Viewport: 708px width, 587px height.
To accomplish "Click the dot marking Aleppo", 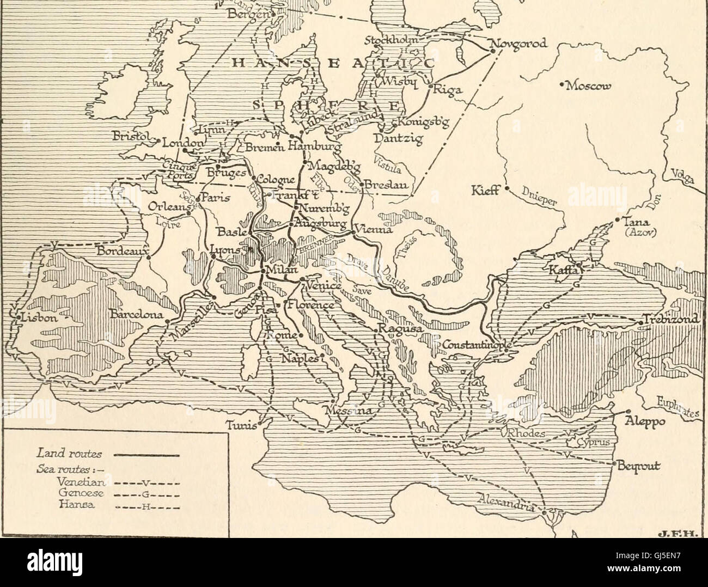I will (628, 412).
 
